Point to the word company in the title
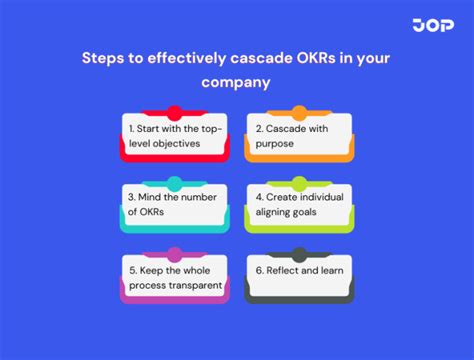[x=236, y=83]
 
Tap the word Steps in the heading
[x=104, y=58]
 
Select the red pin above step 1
[x=175, y=113]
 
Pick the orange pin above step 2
[x=298, y=113]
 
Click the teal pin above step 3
[x=175, y=184]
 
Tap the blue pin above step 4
[x=298, y=184]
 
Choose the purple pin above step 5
[x=175, y=255]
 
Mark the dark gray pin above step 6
[x=298, y=255]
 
